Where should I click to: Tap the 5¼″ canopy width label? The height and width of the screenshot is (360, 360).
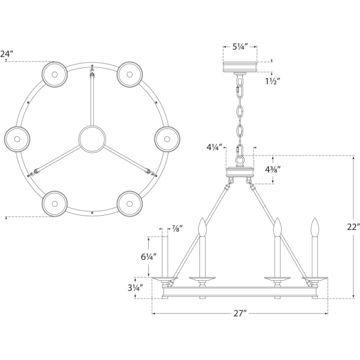tap(240, 47)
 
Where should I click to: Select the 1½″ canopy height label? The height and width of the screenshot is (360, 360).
tap(273, 81)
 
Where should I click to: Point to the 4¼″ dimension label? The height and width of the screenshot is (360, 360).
tap(214, 147)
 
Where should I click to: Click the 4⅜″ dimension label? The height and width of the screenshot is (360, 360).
tap(273, 170)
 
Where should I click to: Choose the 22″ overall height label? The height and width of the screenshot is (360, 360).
tap(353, 227)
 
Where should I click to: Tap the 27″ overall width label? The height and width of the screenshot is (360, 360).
tap(240, 313)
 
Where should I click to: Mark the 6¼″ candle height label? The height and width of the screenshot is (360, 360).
tap(149, 257)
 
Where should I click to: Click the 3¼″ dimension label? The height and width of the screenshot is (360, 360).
tap(136, 288)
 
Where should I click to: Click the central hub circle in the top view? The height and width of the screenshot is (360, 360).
tap(92, 139)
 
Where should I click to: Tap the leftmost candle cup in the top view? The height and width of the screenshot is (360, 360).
tap(17, 139)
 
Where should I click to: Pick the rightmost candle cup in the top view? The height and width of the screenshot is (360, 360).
tap(167, 139)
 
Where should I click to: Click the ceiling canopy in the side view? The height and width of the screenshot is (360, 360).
tap(240, 66)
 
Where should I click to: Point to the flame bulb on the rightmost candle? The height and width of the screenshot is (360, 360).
tap(315, 227)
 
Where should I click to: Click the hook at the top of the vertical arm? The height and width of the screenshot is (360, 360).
tap(92, 70)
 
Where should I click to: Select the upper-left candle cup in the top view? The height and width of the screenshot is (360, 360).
tap(55, 74)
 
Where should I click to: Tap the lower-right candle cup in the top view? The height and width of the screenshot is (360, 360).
tap(130, 204)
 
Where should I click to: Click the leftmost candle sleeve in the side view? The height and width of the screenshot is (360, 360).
tap(165, 257)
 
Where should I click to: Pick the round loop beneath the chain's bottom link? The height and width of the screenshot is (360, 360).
tap(240, 160)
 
